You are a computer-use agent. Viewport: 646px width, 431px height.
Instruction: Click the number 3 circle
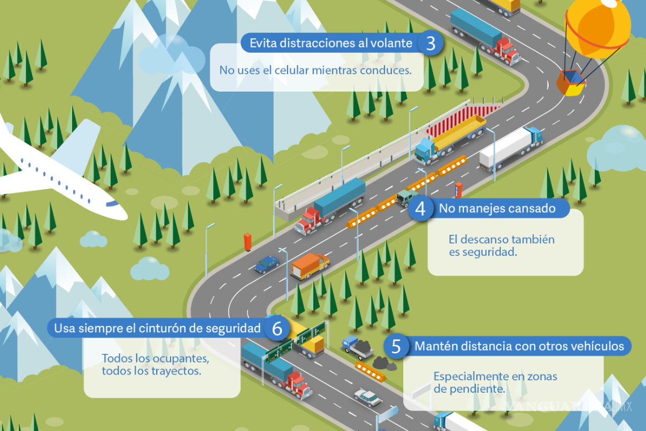(x=430, y=43)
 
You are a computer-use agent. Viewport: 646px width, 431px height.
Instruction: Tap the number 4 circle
(x=420, y=208)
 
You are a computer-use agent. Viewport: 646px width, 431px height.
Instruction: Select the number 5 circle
(x=396, y=346)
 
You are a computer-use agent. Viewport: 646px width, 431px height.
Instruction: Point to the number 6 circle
(x=277, y=329)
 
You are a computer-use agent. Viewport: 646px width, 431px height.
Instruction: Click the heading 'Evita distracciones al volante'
(x=331, y=43)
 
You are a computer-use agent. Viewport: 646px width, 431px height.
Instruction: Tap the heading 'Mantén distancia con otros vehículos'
(x=519, y=346)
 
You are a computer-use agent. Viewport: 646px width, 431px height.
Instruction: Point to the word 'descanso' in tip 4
(x=484, y=239)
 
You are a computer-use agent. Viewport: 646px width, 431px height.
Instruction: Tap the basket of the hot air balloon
(x=570, y=84)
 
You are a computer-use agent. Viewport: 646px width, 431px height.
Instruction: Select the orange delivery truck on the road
(x=309, y=266)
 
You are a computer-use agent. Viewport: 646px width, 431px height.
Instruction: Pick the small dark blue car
(x=266, y=264)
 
